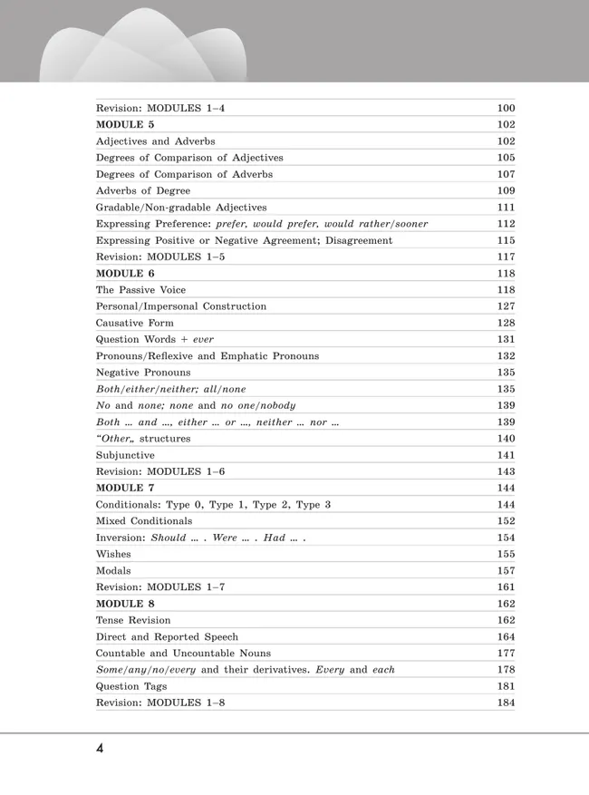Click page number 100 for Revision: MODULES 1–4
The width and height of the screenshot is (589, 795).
click(x=506, y=108)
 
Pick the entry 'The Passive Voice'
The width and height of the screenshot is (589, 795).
click(x=140, y=289)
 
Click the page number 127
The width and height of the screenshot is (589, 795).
click(x=506, y=306)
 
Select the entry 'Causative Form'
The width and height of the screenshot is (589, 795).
click(x=135, y=323)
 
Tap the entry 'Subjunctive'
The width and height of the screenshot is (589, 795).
click(x=125, y=455)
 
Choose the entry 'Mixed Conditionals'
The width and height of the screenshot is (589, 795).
click(x=144, y=521)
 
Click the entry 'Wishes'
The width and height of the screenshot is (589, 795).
click(x=113, y=554)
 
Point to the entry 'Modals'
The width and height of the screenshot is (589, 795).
click(x=113, y=570)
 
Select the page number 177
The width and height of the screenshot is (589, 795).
click(x=506, y=653)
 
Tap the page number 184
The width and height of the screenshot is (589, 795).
click(x=506, y=703)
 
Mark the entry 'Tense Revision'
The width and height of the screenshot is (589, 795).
click(x=133, y=620)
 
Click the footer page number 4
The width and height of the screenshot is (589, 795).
click(x=100, y=749)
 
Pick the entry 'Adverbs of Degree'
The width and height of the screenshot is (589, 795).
click(x=143, y=190)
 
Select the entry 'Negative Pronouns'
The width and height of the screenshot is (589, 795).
click(x=143, y=372)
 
